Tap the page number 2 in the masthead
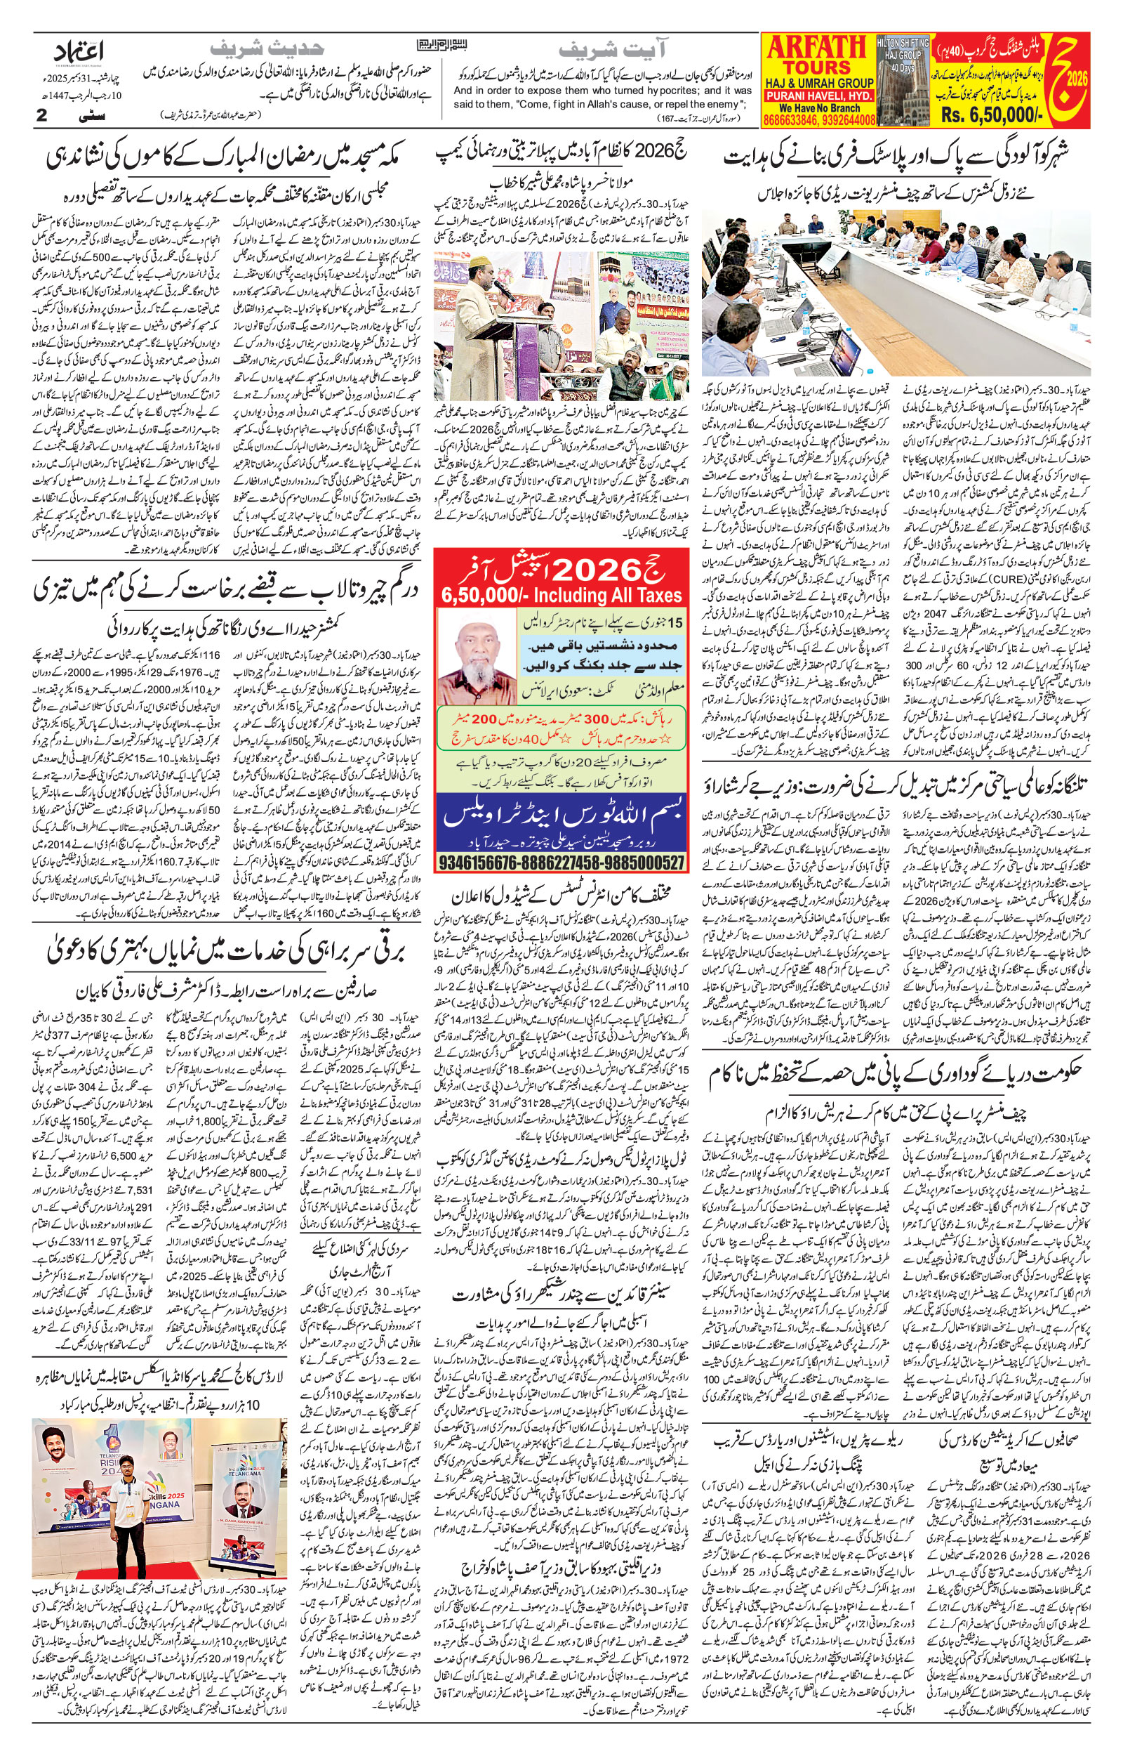point(41,115)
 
